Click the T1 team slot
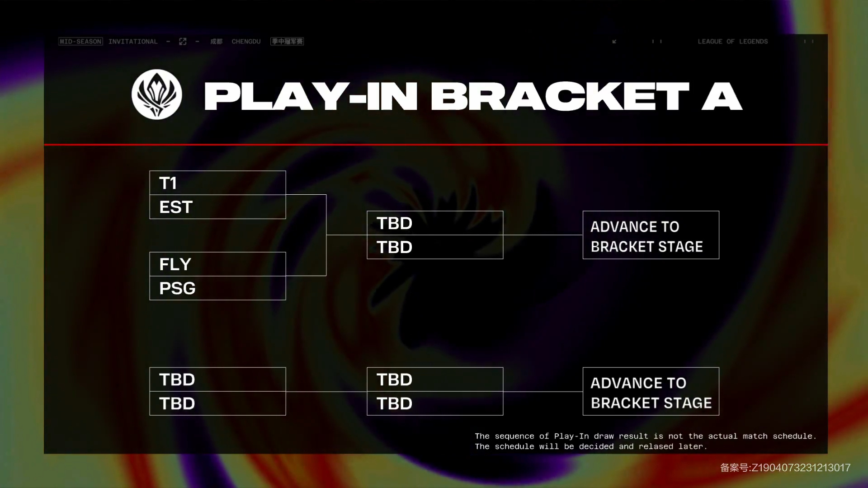click(x=217, y=183)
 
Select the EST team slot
click(x=217, y=207)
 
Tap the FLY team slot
click(x=217, y=264)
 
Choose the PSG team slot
click(x=217, y=288)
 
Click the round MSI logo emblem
click(x=157, y=94)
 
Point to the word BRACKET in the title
click(x=560, y=96)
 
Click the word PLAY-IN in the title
click(x=311, y=96)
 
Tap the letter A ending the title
click(x=722, y=96)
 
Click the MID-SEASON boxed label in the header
click(x=80, y=42)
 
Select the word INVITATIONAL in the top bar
click(x=133, y=42)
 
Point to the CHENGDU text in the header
click(x=246, y=42)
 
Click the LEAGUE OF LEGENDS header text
click(x=732, y=42)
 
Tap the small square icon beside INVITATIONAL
click(x=183, y=42)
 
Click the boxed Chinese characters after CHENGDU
click(x=287, y=42)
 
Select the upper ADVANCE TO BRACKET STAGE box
click(x=651, y=235)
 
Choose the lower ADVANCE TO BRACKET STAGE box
click(x=651, y=391)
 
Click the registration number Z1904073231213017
click(x=801, y=468)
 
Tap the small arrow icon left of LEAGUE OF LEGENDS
click(x=614, y=42)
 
